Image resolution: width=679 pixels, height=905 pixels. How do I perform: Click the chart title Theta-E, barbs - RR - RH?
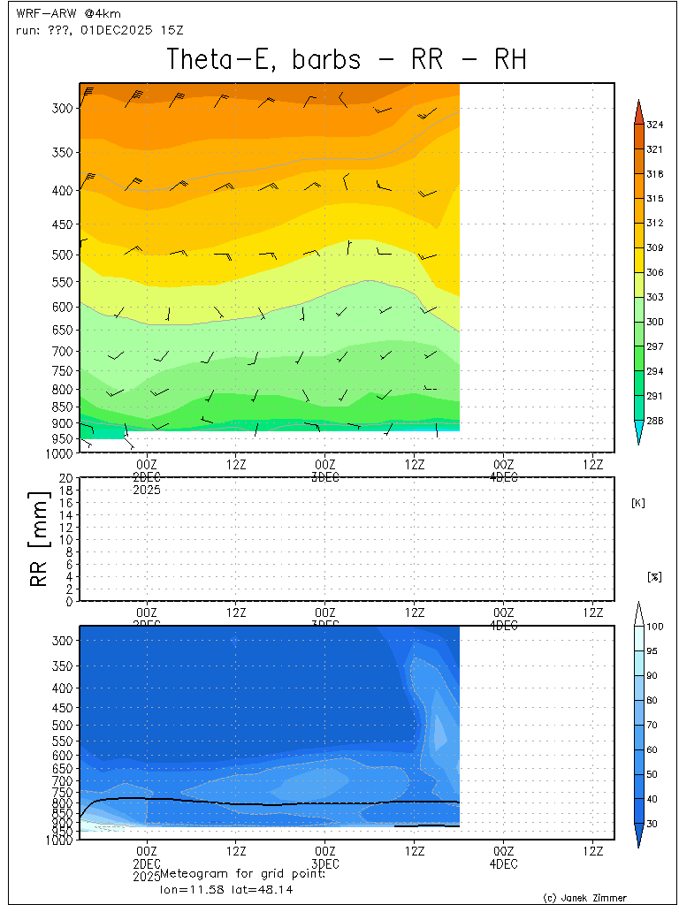pos(347,59)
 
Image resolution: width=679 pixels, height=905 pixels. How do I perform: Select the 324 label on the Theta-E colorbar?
pos(654,125)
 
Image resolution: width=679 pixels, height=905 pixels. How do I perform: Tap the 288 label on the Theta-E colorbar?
pos(654,421)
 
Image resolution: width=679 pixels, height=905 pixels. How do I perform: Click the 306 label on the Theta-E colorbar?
pos(654,272)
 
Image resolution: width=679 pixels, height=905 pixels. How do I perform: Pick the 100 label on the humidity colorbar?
pos(654,627)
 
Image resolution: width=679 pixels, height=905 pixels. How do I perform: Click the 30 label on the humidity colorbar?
pos(654,824)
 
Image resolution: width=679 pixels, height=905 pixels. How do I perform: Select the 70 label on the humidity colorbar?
pos(654,725)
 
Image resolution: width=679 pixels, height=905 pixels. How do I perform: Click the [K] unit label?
pos(638,503)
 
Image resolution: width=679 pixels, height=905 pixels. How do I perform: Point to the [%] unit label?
pos(654,576)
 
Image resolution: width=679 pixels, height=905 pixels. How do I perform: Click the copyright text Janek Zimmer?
pos(584,897)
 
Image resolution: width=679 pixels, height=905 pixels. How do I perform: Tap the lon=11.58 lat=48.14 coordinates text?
pos(220,888)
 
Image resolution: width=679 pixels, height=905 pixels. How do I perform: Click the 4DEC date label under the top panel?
pos(503,477)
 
